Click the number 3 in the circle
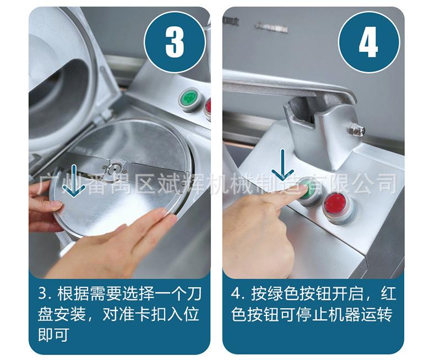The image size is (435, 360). [175, 42]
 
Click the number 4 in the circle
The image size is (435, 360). [368, 42]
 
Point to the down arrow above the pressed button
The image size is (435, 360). [282, 165]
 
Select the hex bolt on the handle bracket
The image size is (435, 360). [357, 129]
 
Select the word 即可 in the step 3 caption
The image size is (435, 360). [53, 335]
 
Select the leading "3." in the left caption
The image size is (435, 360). [45, 294]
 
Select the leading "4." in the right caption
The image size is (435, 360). [238, 294]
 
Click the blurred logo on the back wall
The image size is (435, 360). [271, 27]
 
